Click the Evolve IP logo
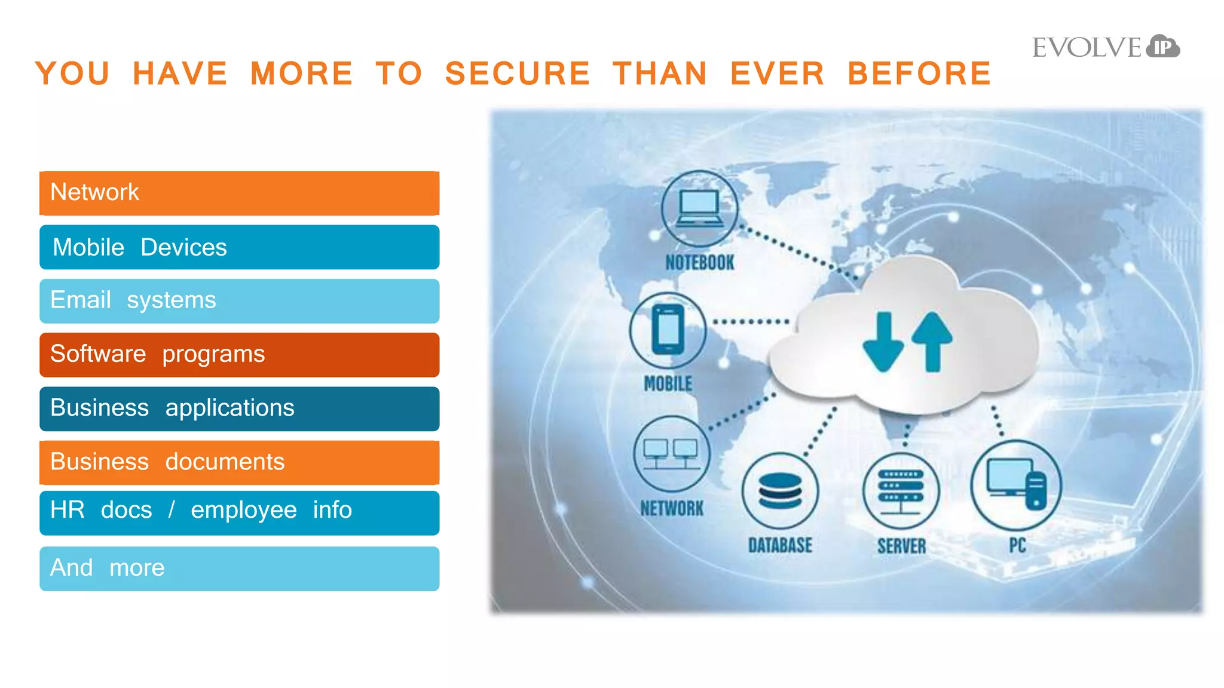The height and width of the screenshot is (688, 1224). (1106, 47)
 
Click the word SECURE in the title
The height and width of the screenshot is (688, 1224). (518, 73)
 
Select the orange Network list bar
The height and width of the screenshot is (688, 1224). (239, 193)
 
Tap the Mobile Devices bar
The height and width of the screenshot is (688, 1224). (239, 247)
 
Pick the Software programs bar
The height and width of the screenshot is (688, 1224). (239, 355)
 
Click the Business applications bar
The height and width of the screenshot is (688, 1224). (239, 408)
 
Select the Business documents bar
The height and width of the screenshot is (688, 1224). (239, 462)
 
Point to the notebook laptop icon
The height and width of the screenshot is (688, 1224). (699, 208)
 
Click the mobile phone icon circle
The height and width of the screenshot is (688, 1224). (668, 330)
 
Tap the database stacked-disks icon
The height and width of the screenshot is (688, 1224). (780, 490)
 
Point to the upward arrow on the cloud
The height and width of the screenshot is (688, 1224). (932, 341)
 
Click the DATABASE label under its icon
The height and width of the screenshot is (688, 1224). (780, 545)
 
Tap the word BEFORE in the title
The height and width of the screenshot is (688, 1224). (919, 73)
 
